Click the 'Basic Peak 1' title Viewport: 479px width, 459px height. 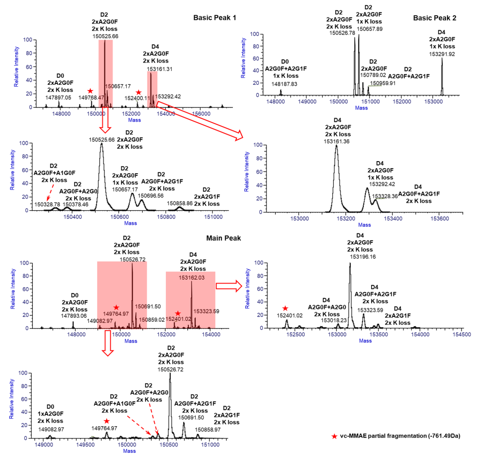(x=215, y=18)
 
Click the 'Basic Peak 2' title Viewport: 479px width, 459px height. (x=435, y=18)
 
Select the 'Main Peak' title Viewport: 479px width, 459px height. (x=224, y=238)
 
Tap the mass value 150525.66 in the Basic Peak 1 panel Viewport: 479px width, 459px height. (x=106, y=36)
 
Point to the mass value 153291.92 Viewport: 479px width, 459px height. (x=441, y=54)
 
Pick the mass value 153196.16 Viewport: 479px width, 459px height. (x=363, y=257)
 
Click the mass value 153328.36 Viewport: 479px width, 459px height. (x=385, y=196)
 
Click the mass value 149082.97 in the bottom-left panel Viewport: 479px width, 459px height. (x=50, y=429)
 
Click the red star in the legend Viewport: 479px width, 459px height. (x=334, y=436)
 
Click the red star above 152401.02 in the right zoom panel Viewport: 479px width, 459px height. (x=285, y=309)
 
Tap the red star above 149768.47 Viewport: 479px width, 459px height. (x=90, y=91)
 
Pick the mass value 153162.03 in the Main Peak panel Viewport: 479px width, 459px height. (x=192, y=277)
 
